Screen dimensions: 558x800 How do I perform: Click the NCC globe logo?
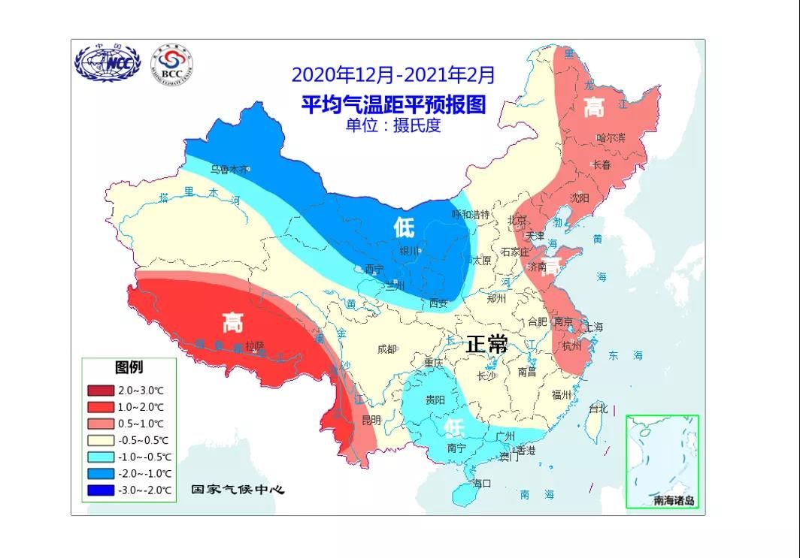click(x=108, y=64)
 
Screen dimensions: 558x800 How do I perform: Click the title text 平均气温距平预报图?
click(x=393, y=103)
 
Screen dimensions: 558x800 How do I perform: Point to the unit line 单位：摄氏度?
click(x=393, y=125)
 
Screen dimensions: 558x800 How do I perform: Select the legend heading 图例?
click(x=129, y=367)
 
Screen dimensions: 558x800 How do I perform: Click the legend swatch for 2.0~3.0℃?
click(x=100, y=391)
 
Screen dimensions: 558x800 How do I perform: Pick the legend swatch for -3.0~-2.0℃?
click(x=100, y=490)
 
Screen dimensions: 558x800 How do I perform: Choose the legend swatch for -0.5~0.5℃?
click(x=100, y=440)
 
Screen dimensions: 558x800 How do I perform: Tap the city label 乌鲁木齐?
click(x=229, y=170)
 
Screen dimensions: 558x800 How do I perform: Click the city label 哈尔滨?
click(x=611, y=137)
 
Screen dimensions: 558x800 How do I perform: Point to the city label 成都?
click(x=386, y=348)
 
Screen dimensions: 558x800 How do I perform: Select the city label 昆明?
click(x=371, y=419)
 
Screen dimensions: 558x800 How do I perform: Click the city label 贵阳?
click(x=435, y=400)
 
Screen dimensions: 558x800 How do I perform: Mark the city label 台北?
click(x=598, y=409)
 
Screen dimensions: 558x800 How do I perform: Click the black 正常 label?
click(x=486, y=345)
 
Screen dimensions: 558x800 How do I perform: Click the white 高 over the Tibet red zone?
click(x=232, y=324)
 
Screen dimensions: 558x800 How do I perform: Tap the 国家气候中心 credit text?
click(x=238, y=490)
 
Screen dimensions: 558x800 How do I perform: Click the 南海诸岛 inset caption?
click(x=674, y=500)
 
